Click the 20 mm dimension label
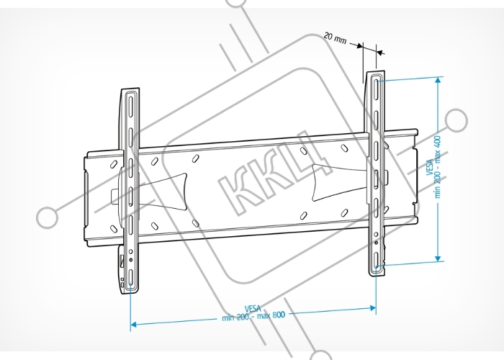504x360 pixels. (335, 38)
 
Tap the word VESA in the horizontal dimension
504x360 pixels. (253, 309)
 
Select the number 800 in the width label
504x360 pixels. (279, 315)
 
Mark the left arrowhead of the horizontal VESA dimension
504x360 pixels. (134, 324)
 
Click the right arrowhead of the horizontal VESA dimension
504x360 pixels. (373, 308)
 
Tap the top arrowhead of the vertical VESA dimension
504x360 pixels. (438, 80)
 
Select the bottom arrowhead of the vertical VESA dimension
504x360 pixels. (438, 258)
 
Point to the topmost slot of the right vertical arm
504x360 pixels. (376, 86)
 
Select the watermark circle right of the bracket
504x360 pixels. (456, 120)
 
